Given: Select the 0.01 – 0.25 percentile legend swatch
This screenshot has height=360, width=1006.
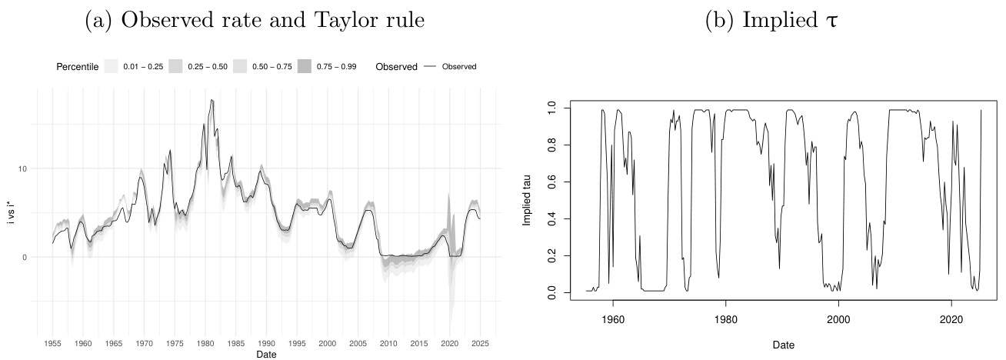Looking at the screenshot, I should (x=111, y=67).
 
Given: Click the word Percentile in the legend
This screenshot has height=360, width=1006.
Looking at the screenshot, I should (x=77, y=67).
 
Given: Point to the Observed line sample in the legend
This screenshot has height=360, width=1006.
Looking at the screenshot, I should (x=429, y=67).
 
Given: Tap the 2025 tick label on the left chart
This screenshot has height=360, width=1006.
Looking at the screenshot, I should (x=480, y=343).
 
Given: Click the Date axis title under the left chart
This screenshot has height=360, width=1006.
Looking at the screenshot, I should (x=266, y=354).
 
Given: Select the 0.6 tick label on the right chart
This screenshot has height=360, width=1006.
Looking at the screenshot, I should (x=551, y=182).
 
